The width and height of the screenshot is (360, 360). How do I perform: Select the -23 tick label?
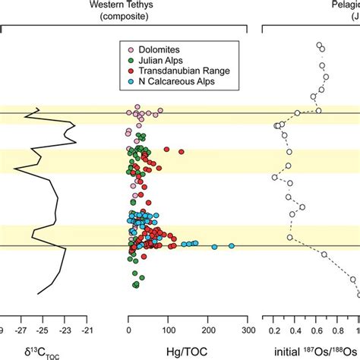[66, 331]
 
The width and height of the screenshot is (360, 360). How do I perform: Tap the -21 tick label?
[89, 331]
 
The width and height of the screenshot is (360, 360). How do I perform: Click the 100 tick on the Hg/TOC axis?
[169, 331]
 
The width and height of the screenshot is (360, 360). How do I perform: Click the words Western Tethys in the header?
[188, 5]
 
